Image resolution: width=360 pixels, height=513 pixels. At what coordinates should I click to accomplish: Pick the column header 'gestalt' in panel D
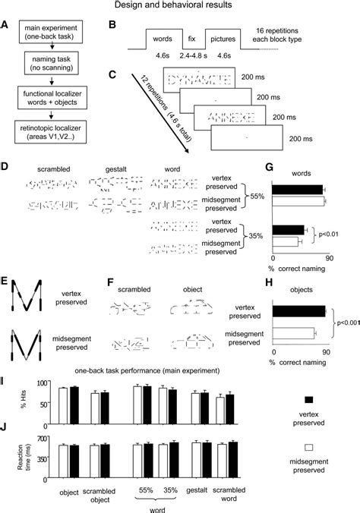(x=115, y=168)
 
